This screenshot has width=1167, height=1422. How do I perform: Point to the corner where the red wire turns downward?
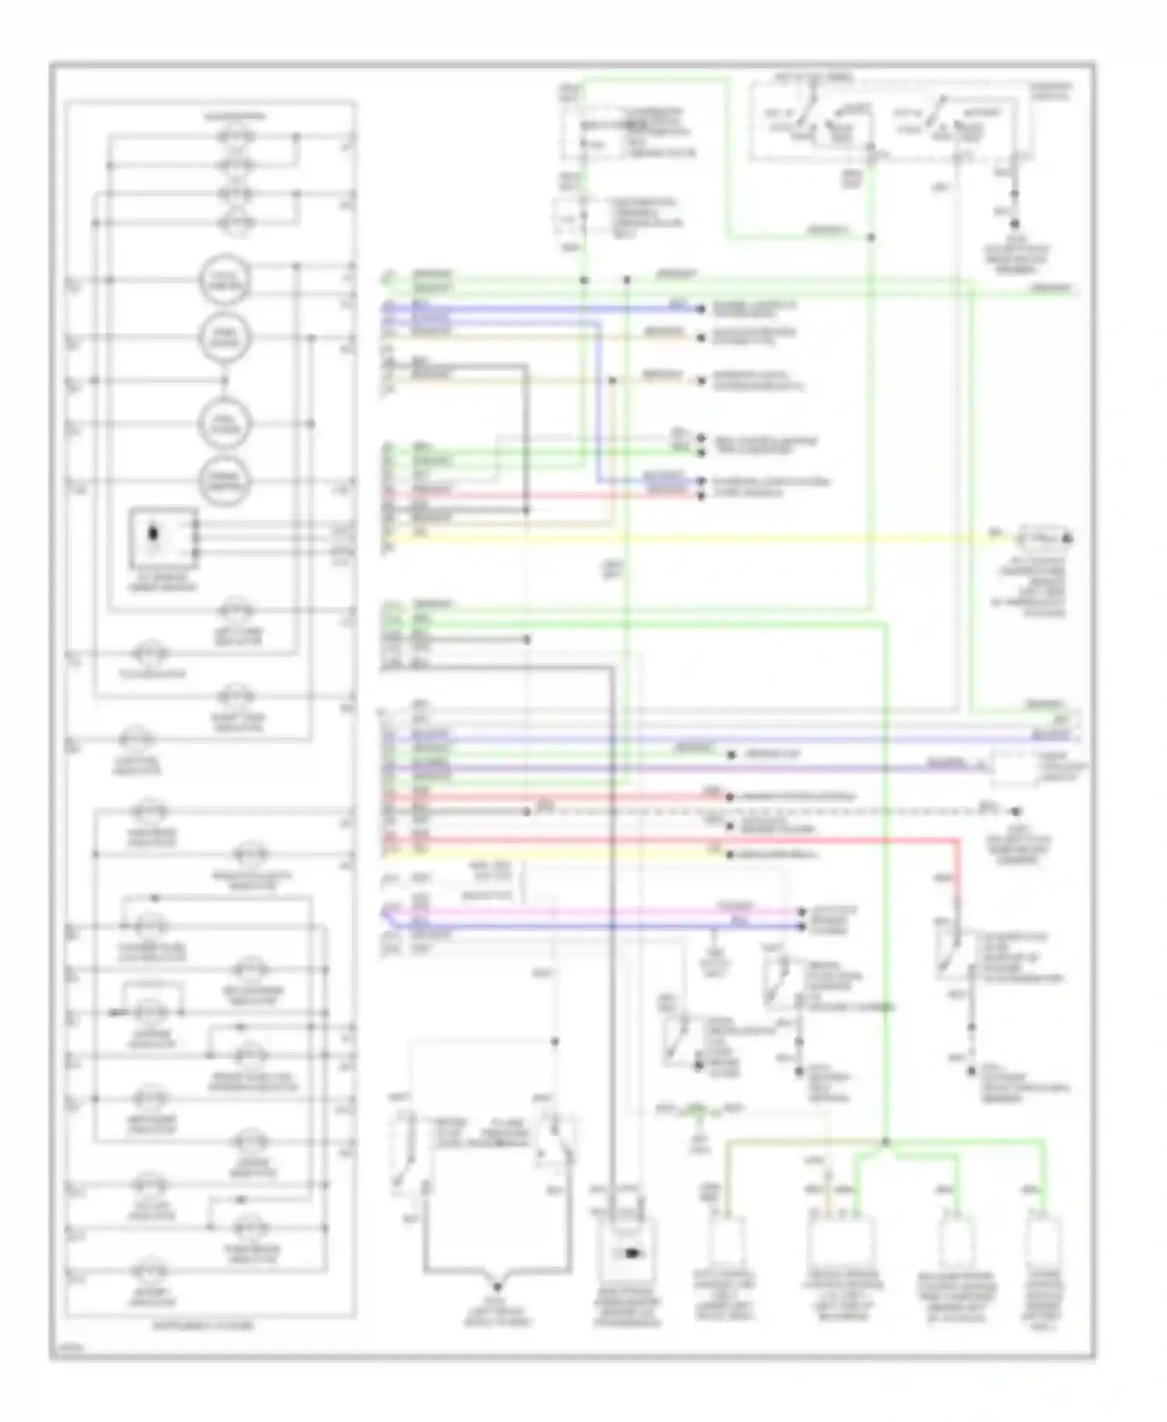click(x=957, y=841)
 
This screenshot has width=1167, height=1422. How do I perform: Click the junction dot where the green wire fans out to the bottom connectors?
click(x=886, y=1142)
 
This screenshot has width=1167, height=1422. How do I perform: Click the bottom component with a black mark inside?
click(x=626, y=1253)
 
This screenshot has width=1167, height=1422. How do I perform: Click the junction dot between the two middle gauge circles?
click(x=225, y=380)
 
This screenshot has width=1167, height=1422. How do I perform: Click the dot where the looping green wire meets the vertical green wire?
click(x=871, y=236)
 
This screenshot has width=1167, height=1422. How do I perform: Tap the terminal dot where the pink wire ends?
click(x=801, y=911)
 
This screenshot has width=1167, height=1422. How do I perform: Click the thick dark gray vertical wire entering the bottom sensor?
click(x=613, y=933)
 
